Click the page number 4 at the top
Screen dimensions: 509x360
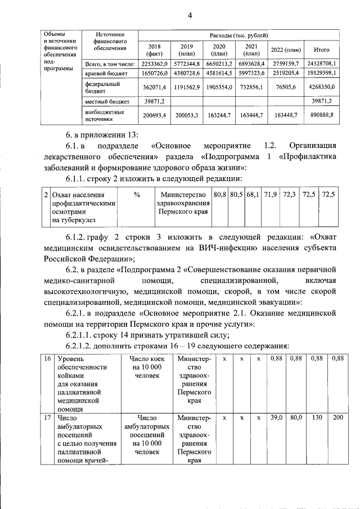click(190, 15)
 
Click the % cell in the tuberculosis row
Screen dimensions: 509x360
click(137, 194)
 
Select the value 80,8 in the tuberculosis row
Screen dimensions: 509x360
click(220, 194)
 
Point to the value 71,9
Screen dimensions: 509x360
click(270, 194)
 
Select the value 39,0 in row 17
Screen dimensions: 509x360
click(276, 418)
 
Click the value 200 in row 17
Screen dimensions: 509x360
click(337, 418)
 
